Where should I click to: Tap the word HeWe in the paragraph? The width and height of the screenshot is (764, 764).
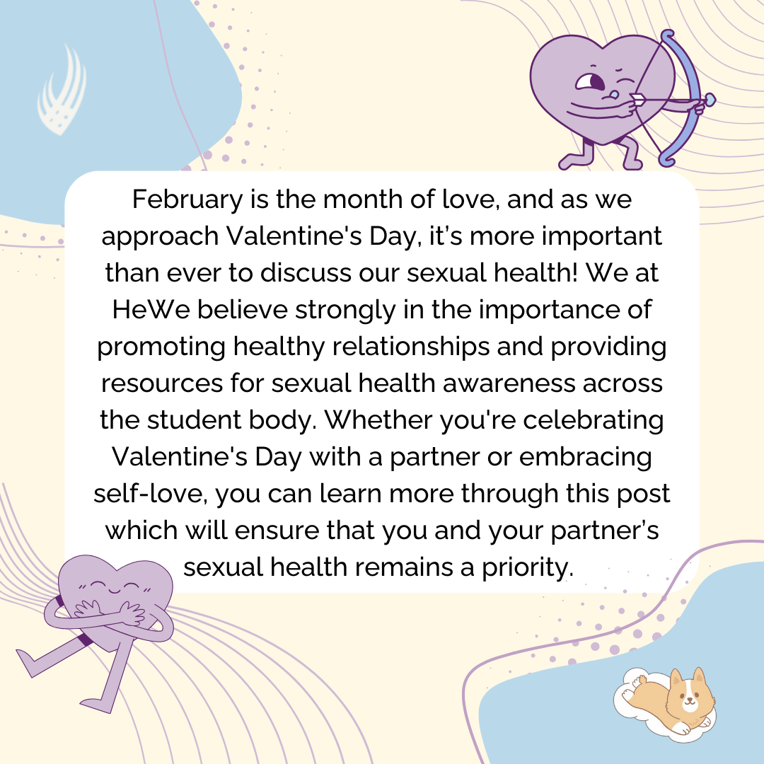tap(151, 309)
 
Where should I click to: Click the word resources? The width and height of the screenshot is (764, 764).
tap(162, 383)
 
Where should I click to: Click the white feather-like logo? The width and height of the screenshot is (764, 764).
tap(62, 91)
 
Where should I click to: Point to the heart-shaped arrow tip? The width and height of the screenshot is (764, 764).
tap(710, 100)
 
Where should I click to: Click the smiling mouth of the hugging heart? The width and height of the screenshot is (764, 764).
tap(115, 591)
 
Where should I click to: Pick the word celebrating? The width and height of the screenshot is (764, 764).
tap(594, 420)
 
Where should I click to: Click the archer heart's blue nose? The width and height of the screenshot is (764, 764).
tap(615, 94)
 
